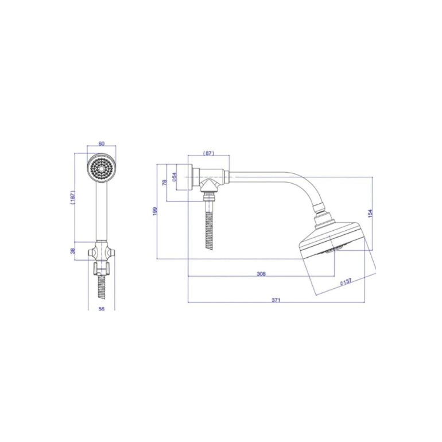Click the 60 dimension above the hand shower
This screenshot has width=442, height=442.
point(102,144)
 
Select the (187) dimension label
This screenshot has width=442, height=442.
point(72,197)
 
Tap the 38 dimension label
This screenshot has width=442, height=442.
point(72,251)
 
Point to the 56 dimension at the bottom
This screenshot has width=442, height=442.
point(102,309)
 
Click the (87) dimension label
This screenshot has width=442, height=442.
point(208,153)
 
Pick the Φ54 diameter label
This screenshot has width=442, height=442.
point(174,177)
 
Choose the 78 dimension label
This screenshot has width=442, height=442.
point(165,182)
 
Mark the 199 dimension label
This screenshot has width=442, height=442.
point(155,211)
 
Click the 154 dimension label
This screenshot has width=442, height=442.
point(370,213)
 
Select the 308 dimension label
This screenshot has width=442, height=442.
point(261,274)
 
